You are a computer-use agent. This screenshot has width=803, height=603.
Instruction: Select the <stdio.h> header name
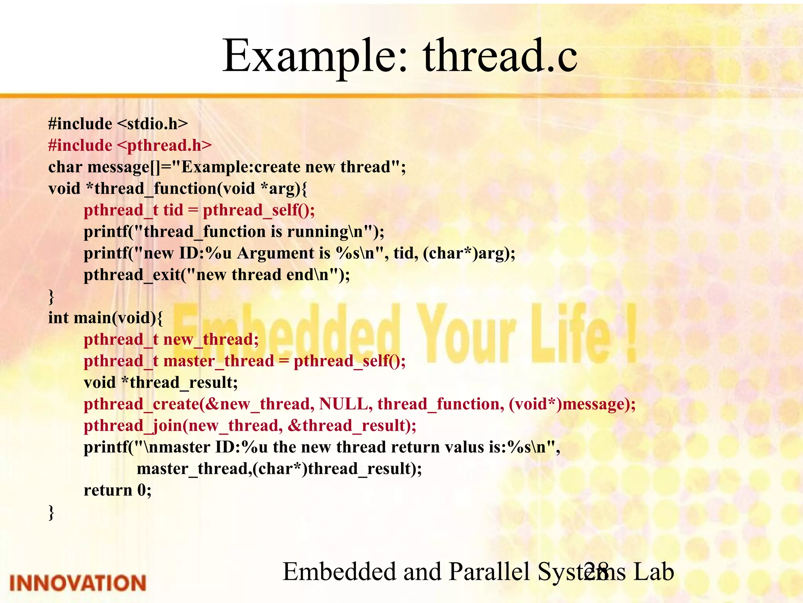click(153, 124)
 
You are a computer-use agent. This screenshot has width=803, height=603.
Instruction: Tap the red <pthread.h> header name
click(164, 146)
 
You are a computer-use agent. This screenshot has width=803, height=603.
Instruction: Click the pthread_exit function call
click(133, 275)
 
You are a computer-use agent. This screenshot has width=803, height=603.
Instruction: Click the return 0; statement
click(118, 490)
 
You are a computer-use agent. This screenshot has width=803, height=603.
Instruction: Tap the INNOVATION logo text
click(78, 583)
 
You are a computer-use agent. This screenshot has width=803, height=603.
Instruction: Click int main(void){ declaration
click(105, 318)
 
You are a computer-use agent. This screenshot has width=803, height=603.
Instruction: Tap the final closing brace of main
click(51, 512)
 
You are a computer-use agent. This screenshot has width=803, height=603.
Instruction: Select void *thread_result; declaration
click(161, 383)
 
